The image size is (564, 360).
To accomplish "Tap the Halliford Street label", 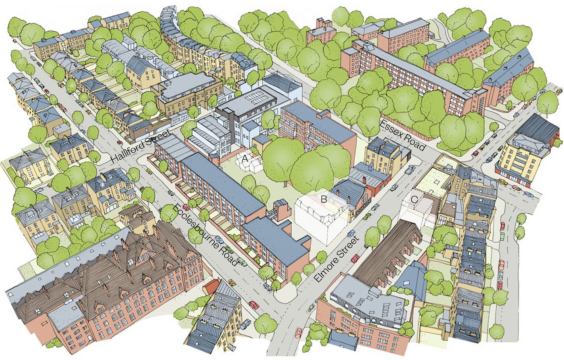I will (x=141, y=148).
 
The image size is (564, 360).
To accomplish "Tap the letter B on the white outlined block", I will (x=323, y=198).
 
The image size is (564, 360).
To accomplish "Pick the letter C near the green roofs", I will (x=414, y=199).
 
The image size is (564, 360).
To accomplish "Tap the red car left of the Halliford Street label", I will (x=120, y=142).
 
